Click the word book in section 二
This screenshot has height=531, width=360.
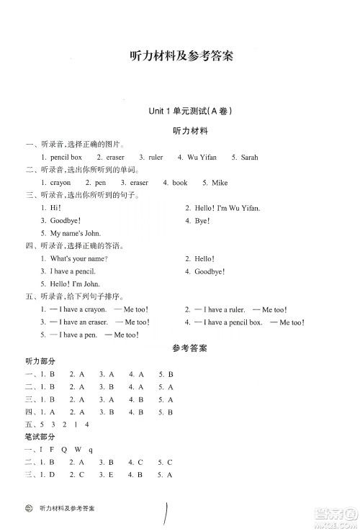click(x=179, y=183)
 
